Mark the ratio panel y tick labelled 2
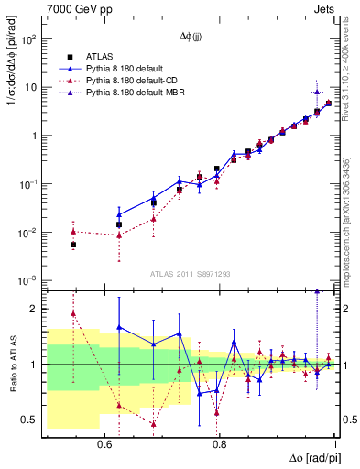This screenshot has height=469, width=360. (34, 309)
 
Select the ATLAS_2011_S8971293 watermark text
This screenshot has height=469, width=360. (191, 274)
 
